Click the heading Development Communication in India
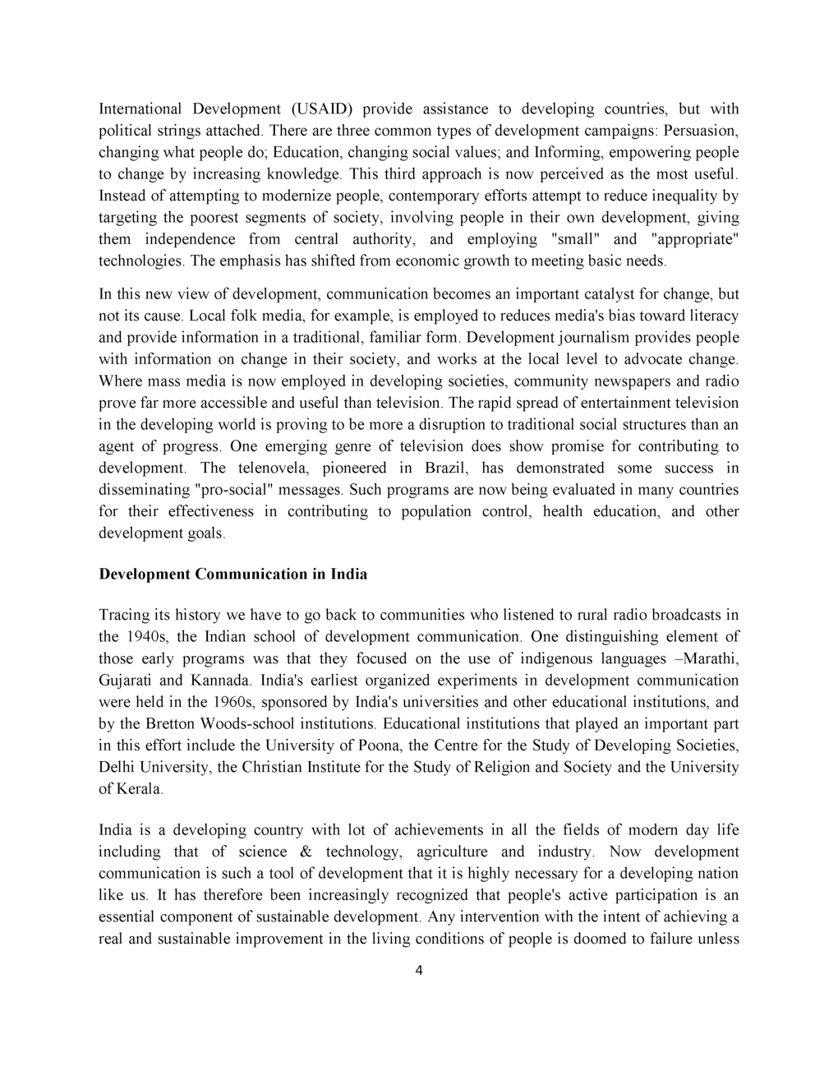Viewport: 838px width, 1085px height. (x=233, y=574)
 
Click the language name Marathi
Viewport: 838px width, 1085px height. (x=707, y=658)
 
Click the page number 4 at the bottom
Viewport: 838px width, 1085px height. (x=419, y=971)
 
